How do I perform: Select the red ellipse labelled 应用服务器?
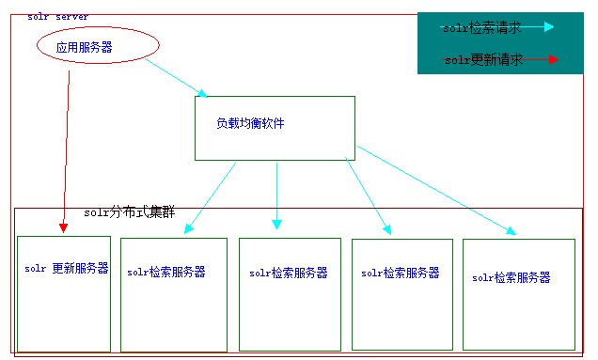[x=98, y=45]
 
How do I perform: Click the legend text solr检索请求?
[x=481, y=28]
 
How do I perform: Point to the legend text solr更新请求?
[x=483, y=60]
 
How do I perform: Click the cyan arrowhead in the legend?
[x=548, y=27]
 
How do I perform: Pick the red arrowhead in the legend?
[x=553, y=59]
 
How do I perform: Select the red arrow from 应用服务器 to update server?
[x=66, y=150]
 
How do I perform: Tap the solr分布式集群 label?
[x=130, y=213]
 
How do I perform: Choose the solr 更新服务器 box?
[x=64, y=293]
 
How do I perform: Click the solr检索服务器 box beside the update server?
[x=173, y=294]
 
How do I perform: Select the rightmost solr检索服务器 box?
[x=518, y=294]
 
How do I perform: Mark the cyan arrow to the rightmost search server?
[x=437, y=190]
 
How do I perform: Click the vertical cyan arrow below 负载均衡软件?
[x=276, y=195]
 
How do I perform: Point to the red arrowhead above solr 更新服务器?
[x=63, y=227]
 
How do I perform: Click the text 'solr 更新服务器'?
[x=67, y=269]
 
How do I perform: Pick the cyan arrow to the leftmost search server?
[x=211, y=196]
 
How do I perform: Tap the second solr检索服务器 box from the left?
[x=289, y=294]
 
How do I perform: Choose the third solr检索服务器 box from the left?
[x=401, y=294]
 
